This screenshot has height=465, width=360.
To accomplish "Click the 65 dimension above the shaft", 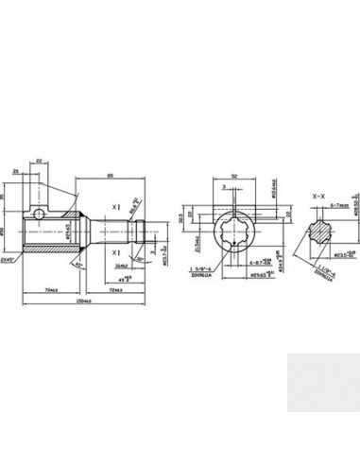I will point(111,177).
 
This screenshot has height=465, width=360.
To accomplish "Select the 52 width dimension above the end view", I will point(231,176).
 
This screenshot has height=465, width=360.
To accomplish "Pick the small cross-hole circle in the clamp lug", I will point(37,207).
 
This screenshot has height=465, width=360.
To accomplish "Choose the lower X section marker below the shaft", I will point(115,253).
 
